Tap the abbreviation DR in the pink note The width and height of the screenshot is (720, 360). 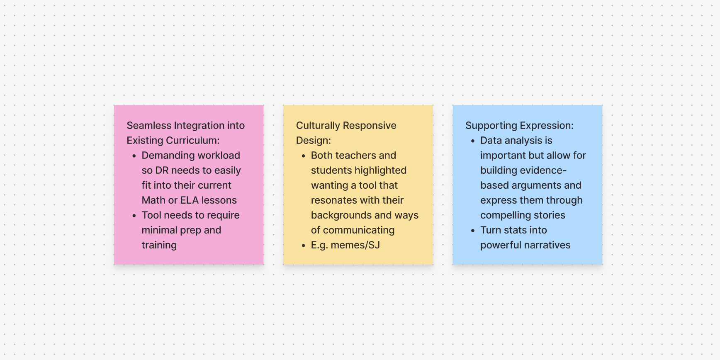click(162, 170)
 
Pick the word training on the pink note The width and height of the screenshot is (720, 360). click(159, 245)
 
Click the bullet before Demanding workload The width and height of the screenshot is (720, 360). click(134, 156)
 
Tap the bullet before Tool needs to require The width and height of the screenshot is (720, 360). click(134, 216)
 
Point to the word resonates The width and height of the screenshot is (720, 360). click(333, 200)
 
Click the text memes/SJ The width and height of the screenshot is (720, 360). click(355, 245)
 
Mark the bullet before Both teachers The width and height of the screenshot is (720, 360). click(304, 156)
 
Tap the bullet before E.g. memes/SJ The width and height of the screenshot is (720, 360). click(304, 246)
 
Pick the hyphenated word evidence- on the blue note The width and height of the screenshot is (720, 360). click(543, 170)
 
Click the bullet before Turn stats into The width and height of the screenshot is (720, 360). click(473, 231)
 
